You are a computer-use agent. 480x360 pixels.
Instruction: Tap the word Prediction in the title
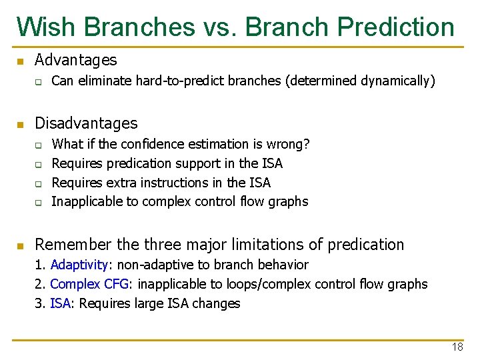[396, 27]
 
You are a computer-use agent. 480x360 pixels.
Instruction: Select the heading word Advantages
[75, 60]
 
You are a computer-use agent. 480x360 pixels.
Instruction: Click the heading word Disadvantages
[86, 123]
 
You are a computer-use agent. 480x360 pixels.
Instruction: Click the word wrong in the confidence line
[287, 144]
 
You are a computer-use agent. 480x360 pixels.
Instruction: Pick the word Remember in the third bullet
[66, 245]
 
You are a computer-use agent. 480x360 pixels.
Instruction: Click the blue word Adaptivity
[75, 265]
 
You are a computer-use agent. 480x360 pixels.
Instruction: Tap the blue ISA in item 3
[60, 304]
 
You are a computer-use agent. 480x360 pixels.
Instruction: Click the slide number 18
[457, 347]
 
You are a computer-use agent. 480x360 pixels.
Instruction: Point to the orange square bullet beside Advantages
[20, 61]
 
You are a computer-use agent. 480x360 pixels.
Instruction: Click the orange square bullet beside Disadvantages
[20, 125]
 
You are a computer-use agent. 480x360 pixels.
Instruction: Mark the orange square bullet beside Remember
[20, 246]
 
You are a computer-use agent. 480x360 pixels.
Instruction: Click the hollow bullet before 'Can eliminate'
[39, 82]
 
